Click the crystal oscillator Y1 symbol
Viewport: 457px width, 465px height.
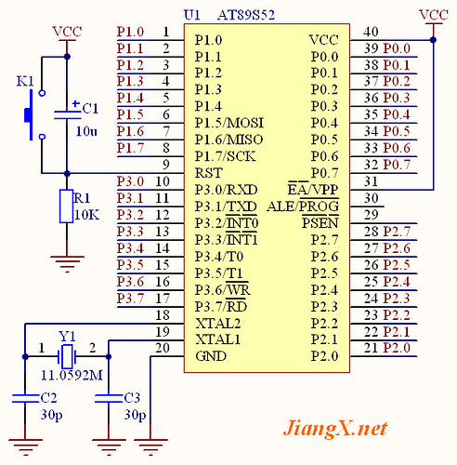pos(66,354)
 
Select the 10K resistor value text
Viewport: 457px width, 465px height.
pos(86,215)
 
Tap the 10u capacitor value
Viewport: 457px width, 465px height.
pos(86,130)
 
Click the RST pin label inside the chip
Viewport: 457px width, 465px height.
pos(208,172)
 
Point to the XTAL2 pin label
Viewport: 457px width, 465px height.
pos(217,323)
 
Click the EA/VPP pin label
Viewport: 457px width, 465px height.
pos(312,189)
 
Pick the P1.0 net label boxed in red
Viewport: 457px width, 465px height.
pos(130,31)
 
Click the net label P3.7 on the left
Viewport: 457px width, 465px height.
pos(130,298)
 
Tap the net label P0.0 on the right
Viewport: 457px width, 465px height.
pos(397,47)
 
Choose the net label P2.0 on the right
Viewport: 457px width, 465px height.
pos(397,348)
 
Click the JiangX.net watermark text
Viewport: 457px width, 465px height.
pos(334,429)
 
